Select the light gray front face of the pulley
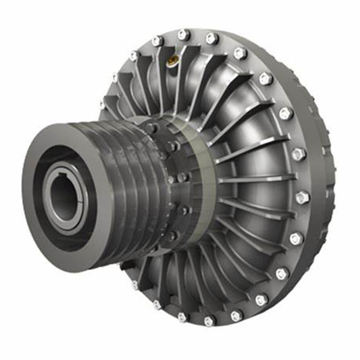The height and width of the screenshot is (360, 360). coord(43,234)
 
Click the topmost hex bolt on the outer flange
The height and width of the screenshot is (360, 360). coord(184,34)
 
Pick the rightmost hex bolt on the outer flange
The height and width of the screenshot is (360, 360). coord(302,197)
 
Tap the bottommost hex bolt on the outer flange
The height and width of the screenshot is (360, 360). coord(209,321)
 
